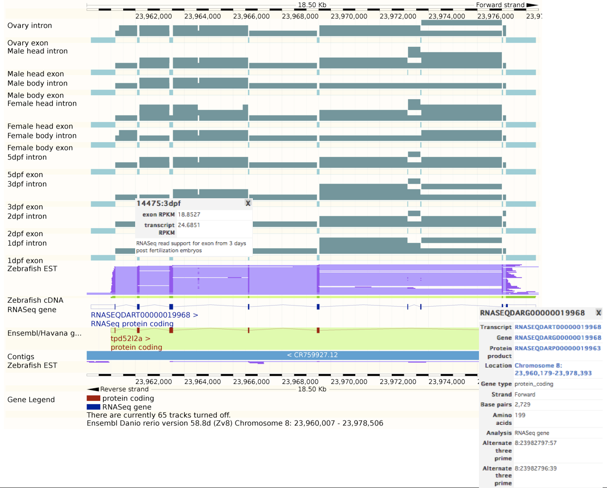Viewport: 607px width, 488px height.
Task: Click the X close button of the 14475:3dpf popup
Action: pos(248,203)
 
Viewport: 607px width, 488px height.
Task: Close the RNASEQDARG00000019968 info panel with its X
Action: pos(598,313)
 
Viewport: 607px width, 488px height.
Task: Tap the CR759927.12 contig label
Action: pos(312,355)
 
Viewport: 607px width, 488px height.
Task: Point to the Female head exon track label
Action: pos(40,126)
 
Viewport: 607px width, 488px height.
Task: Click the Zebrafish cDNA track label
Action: pos(35,300)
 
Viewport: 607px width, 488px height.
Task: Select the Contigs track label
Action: pos(21,357)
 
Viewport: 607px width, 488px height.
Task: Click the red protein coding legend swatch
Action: pos(93,398)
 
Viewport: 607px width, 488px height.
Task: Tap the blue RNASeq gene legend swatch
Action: pos(93,407)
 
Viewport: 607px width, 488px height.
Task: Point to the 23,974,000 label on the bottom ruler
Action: pos(445,381)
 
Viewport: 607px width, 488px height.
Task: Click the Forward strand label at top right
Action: pos(500,5)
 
